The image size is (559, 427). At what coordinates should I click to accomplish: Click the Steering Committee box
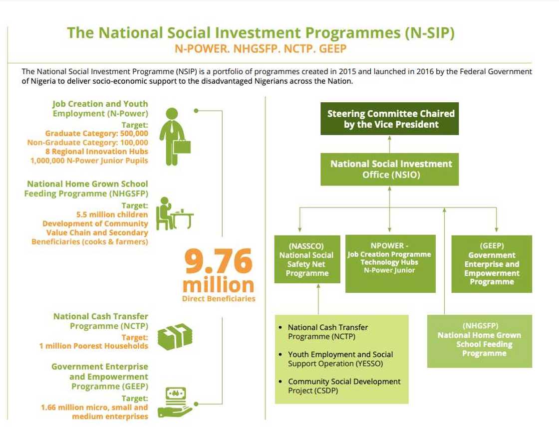(391, 119)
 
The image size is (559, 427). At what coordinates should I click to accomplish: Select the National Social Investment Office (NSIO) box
(391, 169)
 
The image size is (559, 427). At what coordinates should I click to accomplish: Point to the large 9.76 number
(218, 262)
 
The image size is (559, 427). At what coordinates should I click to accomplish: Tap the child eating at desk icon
(174, 214)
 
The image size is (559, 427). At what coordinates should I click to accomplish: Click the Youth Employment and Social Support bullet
(340, 359)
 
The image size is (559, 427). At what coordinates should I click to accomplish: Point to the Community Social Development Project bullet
(344, 386)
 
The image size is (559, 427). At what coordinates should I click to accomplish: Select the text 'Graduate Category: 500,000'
(96, 133)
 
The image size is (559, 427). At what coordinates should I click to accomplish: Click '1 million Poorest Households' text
(94, 346)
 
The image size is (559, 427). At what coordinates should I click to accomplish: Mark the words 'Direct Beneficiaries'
(219, 299)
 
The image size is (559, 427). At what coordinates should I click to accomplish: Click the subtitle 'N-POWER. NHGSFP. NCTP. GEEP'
(260, 49)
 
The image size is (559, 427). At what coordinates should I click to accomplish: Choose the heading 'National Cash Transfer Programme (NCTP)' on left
(101, 321)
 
